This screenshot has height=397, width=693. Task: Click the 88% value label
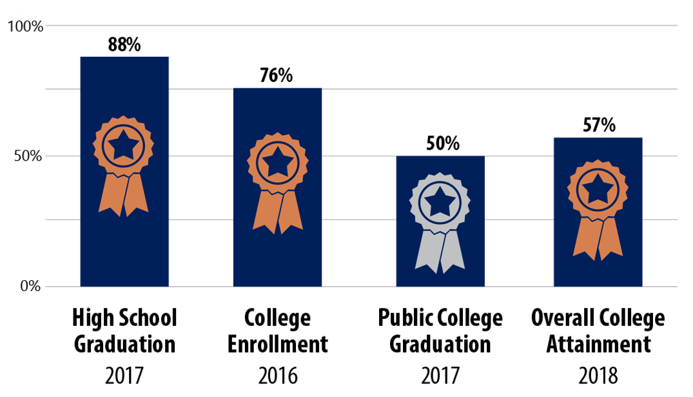[x=124, y=45]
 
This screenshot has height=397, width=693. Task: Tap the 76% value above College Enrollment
[x=277, y=76]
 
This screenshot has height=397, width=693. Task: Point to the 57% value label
[x=599, y=125]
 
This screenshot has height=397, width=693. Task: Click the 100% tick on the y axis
[x=25, y=26]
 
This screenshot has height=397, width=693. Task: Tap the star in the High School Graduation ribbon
[x=123, y=146]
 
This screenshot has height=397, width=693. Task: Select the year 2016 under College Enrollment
[x=278, y=375]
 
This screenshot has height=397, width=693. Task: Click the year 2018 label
[x=598, y=375]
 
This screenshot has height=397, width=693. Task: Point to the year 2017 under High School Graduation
[x=124, y=375]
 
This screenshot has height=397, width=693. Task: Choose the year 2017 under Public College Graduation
[x=440, y=375]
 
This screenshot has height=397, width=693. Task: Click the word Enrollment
[x=278, y=344]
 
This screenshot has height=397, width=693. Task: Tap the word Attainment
[x=598, y=344]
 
